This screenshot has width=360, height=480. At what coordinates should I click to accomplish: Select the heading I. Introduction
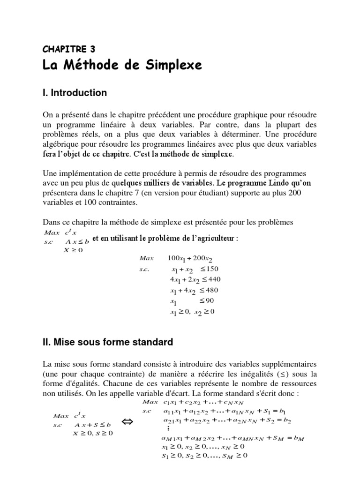click(75, 93)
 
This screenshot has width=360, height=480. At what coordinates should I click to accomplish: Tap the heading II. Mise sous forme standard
click(107, 342)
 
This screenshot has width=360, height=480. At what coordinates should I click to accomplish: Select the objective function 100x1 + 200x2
click(193, 259)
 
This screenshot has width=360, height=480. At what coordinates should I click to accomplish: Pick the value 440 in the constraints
click(211, 280)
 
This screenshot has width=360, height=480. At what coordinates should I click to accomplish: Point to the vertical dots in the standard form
click(167, 429)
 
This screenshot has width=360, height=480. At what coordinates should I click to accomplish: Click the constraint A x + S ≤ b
click(93, 425)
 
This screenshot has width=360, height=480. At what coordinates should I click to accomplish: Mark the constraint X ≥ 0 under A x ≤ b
click(73, 250)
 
